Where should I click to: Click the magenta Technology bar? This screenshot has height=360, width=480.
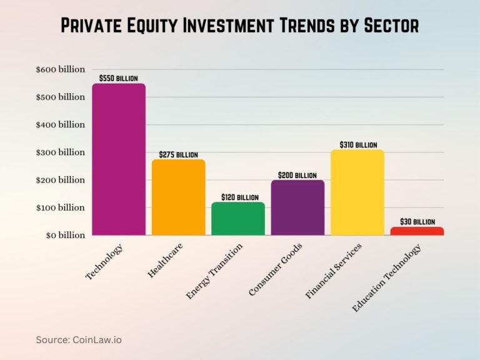(x=119, y=159)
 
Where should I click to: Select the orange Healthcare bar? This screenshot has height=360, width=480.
(x=179, y=197)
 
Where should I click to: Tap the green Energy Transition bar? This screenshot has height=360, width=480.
(x=238, y=219)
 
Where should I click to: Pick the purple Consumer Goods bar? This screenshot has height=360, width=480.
(x=297, y=207)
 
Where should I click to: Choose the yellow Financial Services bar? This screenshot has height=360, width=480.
(x=357, y=192)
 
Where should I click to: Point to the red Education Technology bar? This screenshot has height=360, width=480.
(x=417, y=231)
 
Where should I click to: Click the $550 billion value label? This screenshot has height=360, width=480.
(x=119, y=78)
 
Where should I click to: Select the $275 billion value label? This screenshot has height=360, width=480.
(x=179, y=154)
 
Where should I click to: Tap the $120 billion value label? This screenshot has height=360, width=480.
(x=238, y=197)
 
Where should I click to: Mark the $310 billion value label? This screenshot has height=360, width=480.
(x=357, y=145)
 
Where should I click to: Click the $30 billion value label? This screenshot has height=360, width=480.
(x=417, y=222)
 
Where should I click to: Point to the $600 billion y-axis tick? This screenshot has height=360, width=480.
(x=61, y=69)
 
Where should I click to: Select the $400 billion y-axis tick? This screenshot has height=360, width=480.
(x=61, y=124)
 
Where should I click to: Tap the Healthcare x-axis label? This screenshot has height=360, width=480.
(x=166, y=261)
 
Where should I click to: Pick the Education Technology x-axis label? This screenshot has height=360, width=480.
(x=387, y=277)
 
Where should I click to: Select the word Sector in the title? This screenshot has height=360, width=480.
(x=387, y=26)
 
